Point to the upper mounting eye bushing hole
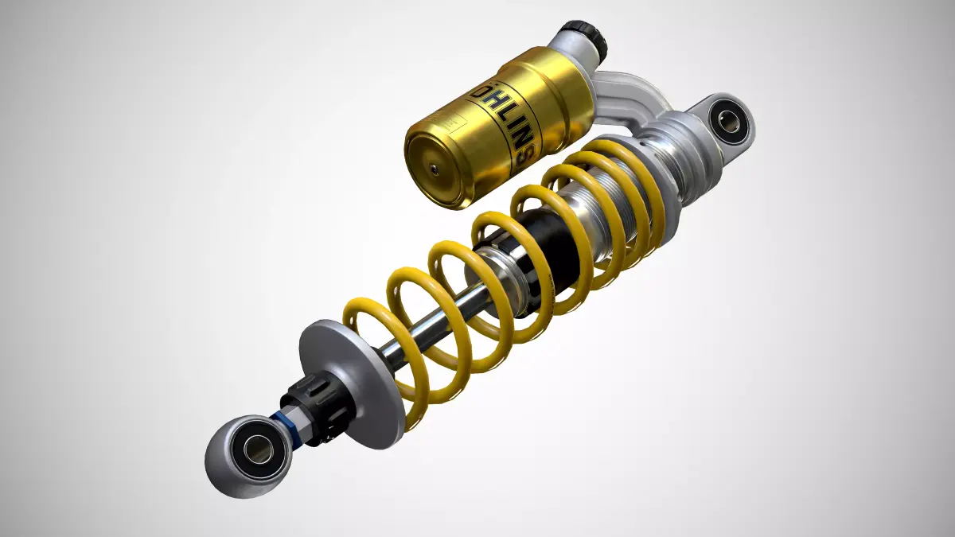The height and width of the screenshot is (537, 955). click(727, 122)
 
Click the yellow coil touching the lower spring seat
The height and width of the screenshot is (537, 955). click(410, 398)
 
